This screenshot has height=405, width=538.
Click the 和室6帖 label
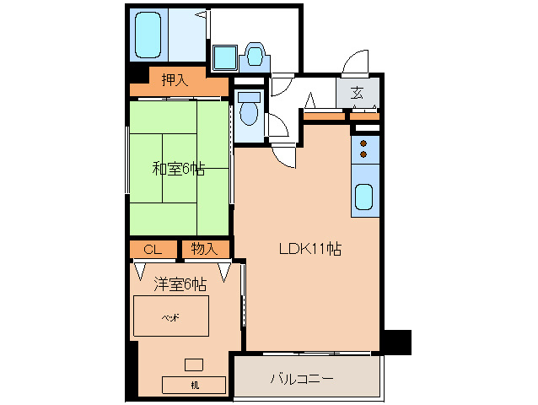pyautogui.click(x=178, y=168)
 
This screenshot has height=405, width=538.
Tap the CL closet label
pyautogui.click(x=153, y=249)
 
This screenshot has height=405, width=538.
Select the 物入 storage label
pyautogui.click(x=205, y=249)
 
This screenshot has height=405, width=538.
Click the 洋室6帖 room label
pyautogui.click(x=180, y=284)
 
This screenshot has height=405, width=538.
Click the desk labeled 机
pyautogui.click(x=195, y=385)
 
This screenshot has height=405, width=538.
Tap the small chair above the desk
pyautogui.click(x=194, y=364)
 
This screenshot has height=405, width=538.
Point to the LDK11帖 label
pyautogui.click(x=310, y=250)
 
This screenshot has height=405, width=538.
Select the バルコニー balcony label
pyautogui.click(x=302, y=378)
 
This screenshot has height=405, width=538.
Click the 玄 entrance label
pyautogui.click(x=358, y=93)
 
